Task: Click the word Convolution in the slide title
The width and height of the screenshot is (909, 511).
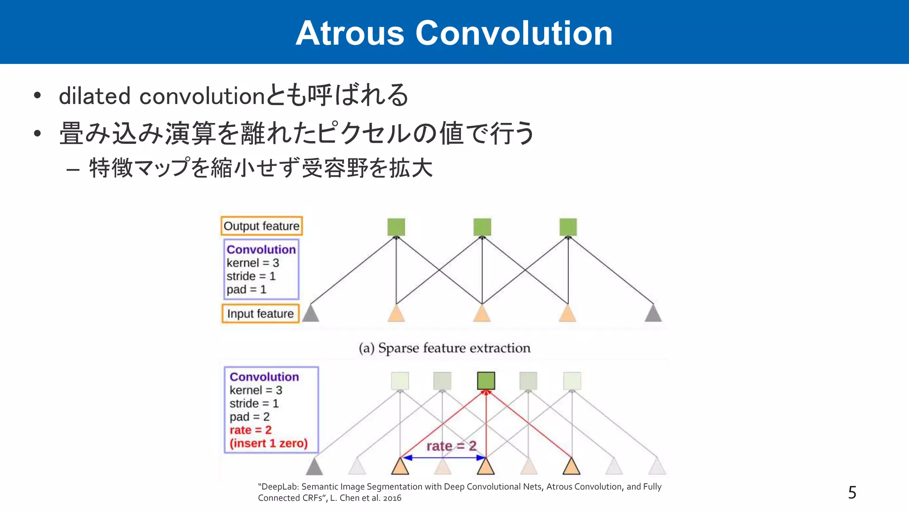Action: [514, 33]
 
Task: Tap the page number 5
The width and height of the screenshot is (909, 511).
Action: [852, 492]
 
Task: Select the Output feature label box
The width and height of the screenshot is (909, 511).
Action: [261, 226]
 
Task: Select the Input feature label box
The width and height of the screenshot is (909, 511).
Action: [261, 314]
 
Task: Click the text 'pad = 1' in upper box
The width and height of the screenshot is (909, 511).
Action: [246, 290]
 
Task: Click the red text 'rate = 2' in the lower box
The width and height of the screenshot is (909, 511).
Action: [250, 430]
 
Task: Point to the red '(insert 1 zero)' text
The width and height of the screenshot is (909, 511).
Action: [269, 443]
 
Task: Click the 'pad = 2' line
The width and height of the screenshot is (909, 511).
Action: [249, 417]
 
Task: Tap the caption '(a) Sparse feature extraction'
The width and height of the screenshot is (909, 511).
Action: [444, 348]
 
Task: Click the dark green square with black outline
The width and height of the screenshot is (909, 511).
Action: [486, 381]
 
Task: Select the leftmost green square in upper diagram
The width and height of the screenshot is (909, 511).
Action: [396, 227]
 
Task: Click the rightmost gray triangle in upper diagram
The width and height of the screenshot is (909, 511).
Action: [653, 314]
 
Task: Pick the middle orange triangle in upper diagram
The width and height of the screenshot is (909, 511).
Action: [482, 314]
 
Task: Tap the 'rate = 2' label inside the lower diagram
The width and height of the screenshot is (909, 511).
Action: [451, 446]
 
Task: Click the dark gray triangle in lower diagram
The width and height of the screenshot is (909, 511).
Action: [314, 467]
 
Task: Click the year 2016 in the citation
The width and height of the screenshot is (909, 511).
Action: [392, 498]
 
